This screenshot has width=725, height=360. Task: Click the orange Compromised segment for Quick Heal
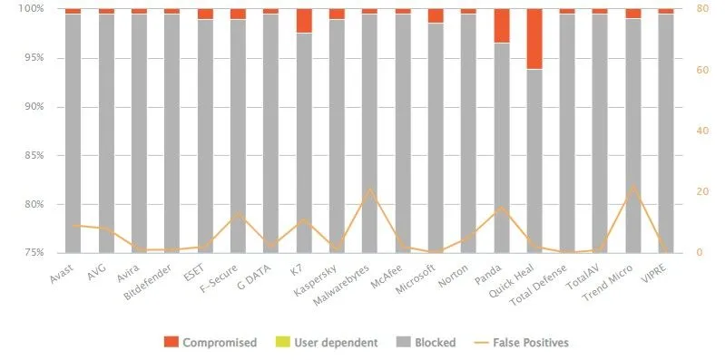coord(534,39)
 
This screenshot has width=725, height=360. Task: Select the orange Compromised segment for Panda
coord(501,26)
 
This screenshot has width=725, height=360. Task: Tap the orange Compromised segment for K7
coord(304,21)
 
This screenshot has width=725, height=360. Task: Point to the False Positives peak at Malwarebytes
coord(370,189)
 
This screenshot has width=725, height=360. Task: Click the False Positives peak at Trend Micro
coord(632,185)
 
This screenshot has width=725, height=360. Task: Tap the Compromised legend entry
coord(211,342)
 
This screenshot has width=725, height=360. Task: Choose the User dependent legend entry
coord(326,342)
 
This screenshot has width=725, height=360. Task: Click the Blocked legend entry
coord(426,342)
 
